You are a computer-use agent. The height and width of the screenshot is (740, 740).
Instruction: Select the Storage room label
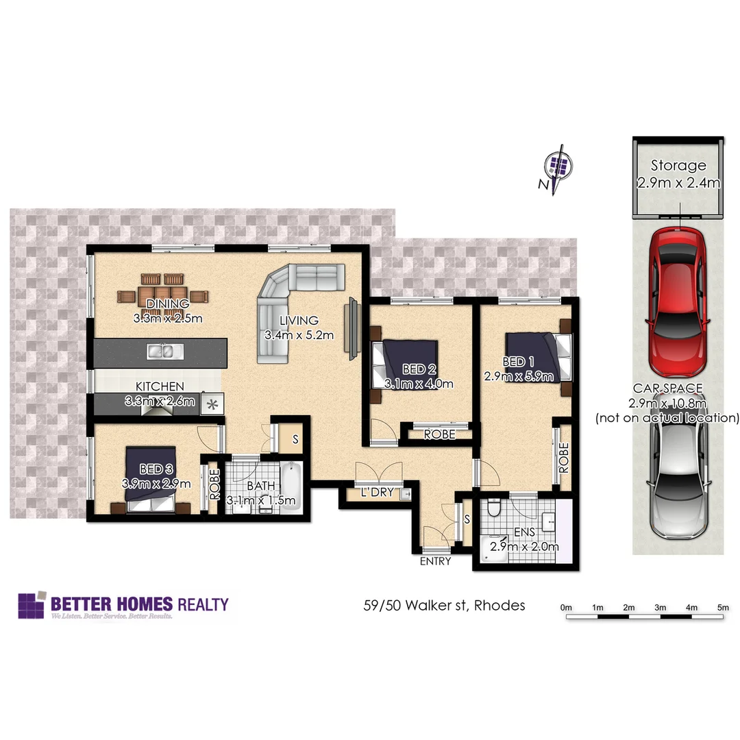pos(678,165)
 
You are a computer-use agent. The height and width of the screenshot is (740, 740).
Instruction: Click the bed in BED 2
pos(404,363)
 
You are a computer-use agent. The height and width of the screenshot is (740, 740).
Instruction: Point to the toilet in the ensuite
pos(495,510)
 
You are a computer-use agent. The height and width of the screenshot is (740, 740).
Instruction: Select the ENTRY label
pos(436,561)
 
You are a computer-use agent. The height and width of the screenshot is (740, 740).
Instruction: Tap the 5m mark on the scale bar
pos(722,607)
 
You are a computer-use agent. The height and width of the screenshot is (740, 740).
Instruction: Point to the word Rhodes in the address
pos(500,605)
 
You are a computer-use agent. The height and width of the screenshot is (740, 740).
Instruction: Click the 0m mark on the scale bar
pos(566,607)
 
